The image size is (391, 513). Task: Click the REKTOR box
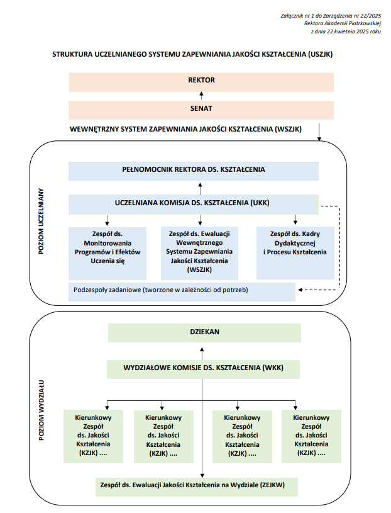201,82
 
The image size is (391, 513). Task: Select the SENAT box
201,110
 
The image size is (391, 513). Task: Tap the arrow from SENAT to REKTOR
202,96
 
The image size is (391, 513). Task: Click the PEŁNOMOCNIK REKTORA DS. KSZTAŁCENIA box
194,171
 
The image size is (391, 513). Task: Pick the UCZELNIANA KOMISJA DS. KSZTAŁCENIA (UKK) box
194,205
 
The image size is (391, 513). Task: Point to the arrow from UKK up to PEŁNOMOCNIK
201,188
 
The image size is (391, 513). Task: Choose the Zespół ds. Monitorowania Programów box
107,254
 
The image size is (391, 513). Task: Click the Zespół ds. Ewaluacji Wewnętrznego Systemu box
199,253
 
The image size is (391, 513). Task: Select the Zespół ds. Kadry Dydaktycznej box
295,253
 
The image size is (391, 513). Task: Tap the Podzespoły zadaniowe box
182,292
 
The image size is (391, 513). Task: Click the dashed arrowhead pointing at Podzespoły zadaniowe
300,290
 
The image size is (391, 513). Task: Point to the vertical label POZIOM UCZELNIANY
41,221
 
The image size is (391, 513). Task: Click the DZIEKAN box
204,333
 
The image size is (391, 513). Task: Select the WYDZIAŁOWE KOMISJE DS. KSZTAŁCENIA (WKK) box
203,369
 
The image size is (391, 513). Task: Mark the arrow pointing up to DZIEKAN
202,354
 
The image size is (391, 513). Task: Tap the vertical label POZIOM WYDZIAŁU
41,410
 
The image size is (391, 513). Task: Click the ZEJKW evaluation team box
197,487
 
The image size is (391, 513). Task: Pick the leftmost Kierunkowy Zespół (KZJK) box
94,436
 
